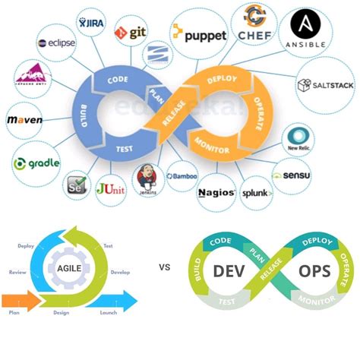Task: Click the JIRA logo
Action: (x=92, y=24)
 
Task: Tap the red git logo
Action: (x=131, y=32)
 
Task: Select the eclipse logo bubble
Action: (x=56, y=43)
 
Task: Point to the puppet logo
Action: (x=199, y=33)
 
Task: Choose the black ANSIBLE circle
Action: (x=306, y=30)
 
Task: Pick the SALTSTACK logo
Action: (x=326, y=85)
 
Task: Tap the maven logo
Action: (x=24, y=120)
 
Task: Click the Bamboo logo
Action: (x=182, y=176)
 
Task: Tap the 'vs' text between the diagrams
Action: (x=164, y=267)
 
